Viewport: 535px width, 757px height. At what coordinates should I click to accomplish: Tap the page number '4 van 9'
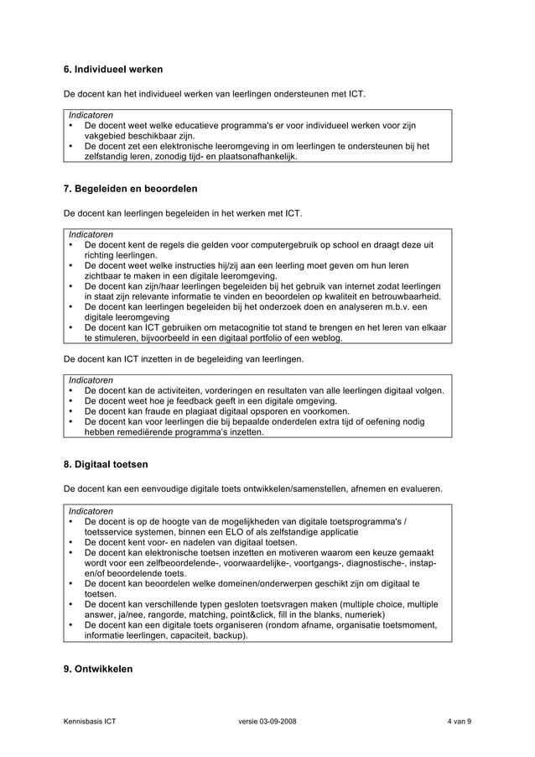[459, 722]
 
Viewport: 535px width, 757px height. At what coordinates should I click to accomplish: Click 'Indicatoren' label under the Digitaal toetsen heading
[91, 510]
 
